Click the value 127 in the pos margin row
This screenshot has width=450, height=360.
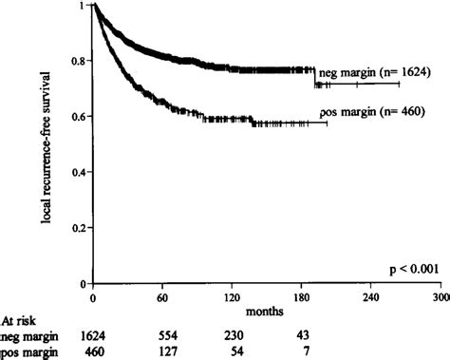[x=163, y=351]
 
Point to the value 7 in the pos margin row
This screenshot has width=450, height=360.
[x=302, y=351]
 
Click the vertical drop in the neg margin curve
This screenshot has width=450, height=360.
[x=315, y=77]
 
